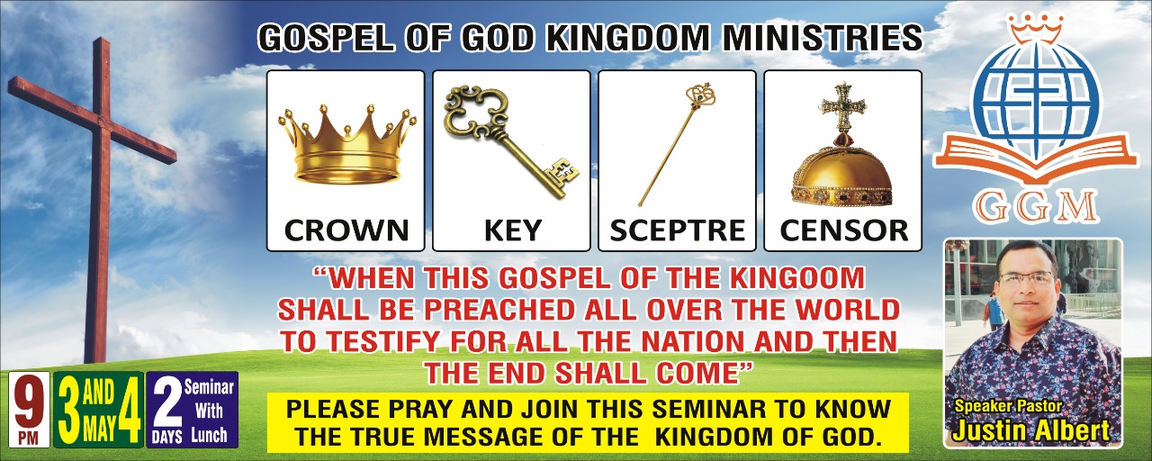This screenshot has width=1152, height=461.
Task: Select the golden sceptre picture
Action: [678, 143]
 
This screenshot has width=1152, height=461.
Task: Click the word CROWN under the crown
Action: [346, 230]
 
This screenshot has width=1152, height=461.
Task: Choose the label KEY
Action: [513, 230]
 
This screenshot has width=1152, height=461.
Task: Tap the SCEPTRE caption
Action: [678, 230]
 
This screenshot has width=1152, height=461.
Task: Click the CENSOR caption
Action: [844, 230]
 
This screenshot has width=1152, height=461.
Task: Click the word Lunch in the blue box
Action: [209, 435]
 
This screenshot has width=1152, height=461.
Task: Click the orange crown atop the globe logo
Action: [1036, 28]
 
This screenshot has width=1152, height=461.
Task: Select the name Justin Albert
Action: [1030, 431]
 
